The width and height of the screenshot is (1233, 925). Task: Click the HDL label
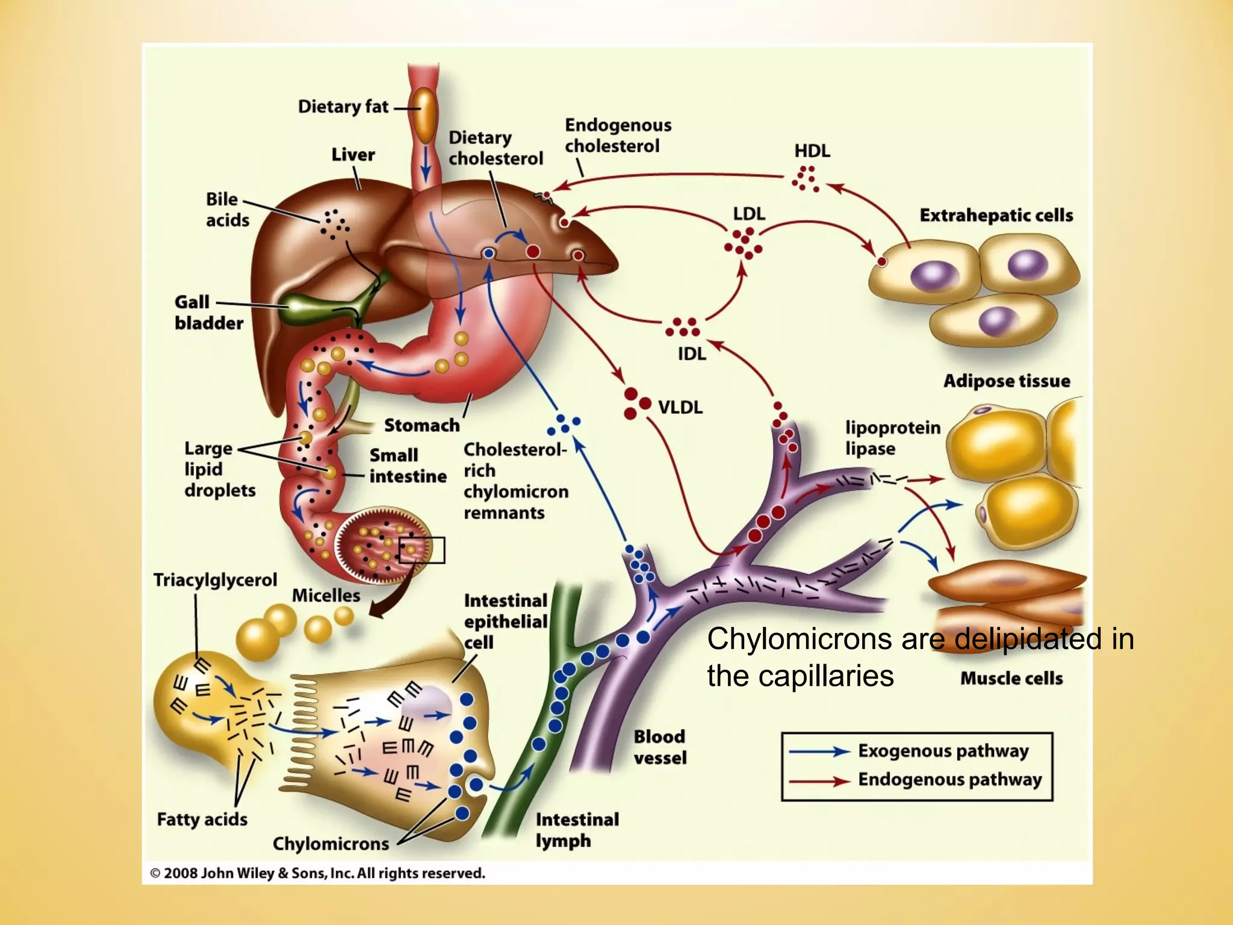pyautogui.click(x=812, y=151)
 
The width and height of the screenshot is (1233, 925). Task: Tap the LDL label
pyautogui.click(x=749, y=214)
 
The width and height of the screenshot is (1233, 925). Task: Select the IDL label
pyautogui.click(x=692, y=353)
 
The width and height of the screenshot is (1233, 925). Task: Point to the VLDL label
pyautogui.click(x=680, y=408)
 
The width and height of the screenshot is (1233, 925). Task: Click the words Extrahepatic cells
pyautogui.click(x=996, y=215)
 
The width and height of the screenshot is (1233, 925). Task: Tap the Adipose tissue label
pyautogui.click(x=1006, y=381)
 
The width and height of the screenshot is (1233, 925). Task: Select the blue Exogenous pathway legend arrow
pyautogui.click(x=819, y=752)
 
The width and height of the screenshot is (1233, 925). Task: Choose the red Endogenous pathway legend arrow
pyautogui.click(x=819, y=781)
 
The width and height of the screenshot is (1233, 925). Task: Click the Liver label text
pyautogui.click(x=353, y=155)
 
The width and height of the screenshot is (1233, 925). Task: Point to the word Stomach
pyautogui.click(x=421, y=425)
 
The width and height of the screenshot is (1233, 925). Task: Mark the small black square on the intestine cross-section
pyautogui.click(x=422, y=550)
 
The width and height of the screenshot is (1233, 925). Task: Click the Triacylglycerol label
pyautogui.click(x=215, y=580)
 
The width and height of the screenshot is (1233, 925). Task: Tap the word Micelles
pyautogui.click(x=326, y=596)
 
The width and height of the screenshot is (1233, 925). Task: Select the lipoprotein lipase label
pyautogui.click(x=892, y=438)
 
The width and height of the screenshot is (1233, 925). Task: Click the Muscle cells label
pyautogui.click(x=1011, y=678)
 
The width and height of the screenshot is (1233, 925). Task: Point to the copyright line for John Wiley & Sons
pyautogui.click(x=317, y=873)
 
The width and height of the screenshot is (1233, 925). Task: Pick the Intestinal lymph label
pyautogui.click(x=577, y=830)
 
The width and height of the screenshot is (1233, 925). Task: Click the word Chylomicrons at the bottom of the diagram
pyautogui.click(x=331, y=844)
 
